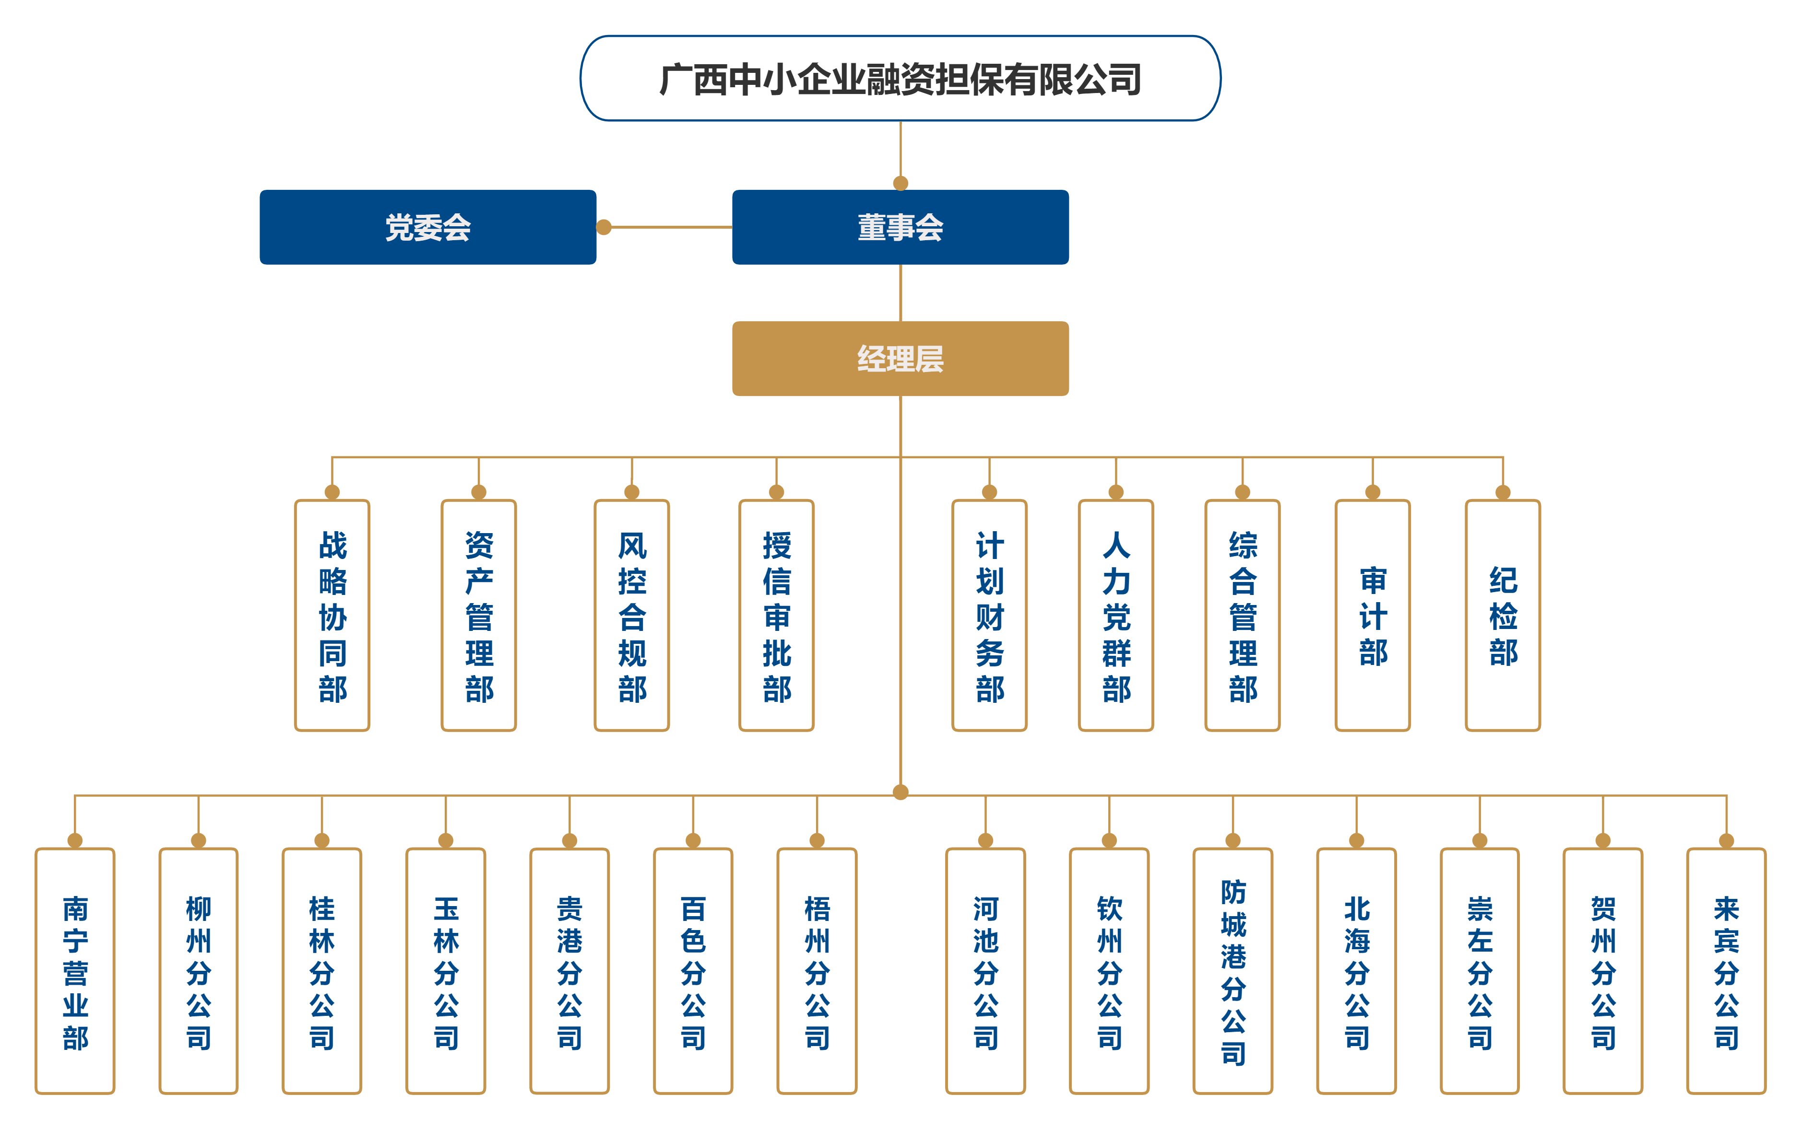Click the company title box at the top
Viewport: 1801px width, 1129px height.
point(900,79)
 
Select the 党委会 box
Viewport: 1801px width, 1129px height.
point(427,227)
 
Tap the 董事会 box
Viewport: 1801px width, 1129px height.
point(900,227)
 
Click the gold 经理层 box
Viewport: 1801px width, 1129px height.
point(900,359)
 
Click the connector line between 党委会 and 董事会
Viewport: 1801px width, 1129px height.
point(669,227)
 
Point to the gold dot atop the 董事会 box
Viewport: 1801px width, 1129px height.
point(901,184)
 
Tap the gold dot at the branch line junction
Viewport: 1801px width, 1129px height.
point(901,792)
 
